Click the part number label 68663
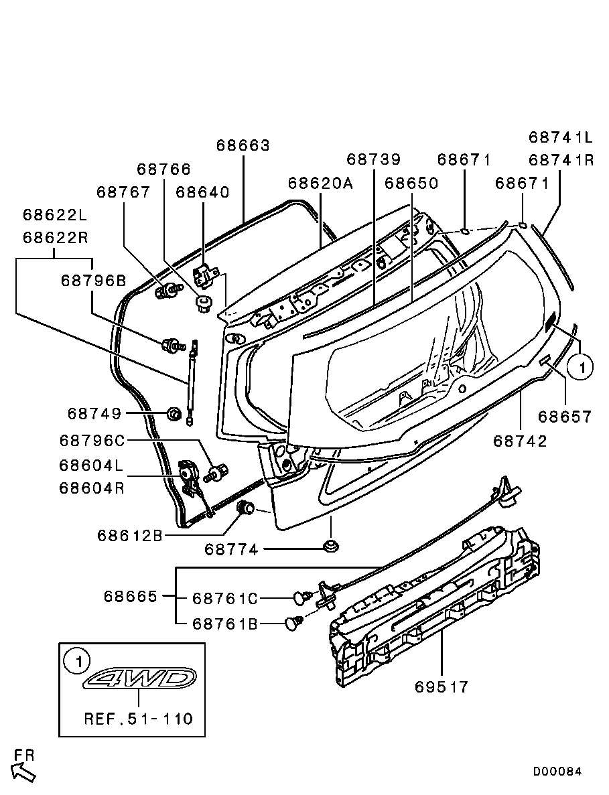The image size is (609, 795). tap(243, 145)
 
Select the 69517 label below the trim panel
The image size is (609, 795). tap(442, 686)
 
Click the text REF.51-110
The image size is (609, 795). tap(138, 719)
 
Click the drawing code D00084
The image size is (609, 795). tap(557, 772)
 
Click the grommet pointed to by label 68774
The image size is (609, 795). tap(330, 546)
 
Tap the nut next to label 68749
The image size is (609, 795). tap(173, 414)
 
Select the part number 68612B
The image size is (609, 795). tap(130, 535)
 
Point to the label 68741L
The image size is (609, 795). tap(561, 137)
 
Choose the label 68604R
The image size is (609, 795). tap(92, 488)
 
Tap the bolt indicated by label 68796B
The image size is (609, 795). tap(172, 346)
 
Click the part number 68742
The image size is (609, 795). tap(520, 441)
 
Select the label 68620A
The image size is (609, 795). tap(320, 183)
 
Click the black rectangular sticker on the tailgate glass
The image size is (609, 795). tap(551, 321)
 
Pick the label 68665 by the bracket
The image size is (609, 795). tap(130, 596)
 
